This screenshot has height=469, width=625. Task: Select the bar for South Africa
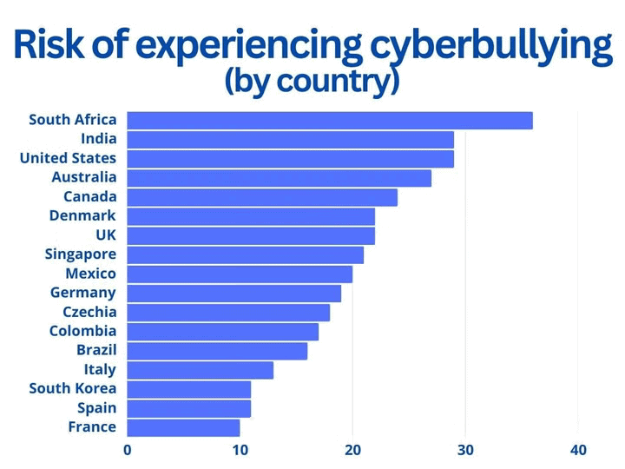[330, 120]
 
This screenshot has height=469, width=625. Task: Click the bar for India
[291, 139]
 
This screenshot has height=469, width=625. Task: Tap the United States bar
[291, 158]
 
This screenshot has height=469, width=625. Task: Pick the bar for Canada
[262, 197]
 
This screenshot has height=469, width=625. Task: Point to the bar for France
[183, 427]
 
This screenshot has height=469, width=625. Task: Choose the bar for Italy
[200, 370]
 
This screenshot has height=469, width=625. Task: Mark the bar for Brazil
[217, 351]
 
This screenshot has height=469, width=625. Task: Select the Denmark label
[82, 215]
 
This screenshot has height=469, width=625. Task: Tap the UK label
[105, 234]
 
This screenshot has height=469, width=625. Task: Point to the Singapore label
[80, 254]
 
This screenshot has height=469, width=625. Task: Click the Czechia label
[89, 312]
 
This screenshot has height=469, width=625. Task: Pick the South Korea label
[72, 388]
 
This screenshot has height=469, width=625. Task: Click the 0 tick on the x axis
[128, 450]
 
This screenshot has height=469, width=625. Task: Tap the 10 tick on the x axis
[240, 450]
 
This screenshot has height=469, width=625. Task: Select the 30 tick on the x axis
[465, 450]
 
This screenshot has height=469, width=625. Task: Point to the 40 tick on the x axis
[578, 450]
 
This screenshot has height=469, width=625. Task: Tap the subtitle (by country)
[312, 81]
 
